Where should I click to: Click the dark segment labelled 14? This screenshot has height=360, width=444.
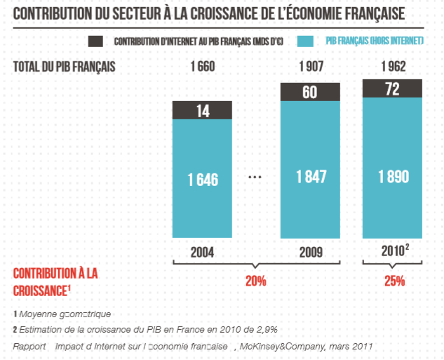click(203, 110)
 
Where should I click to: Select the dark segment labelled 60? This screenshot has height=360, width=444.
click(311, 92)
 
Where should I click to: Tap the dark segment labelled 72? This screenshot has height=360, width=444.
click(392, 88)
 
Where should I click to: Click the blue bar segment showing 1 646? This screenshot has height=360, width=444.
click(203, 180)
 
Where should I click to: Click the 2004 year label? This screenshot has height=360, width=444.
click(203, 252)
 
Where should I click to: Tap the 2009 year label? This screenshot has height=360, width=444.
click(311, 252)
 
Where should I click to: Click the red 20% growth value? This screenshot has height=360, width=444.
click(255, 281)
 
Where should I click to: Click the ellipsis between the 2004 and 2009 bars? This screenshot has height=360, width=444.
click(256, 178)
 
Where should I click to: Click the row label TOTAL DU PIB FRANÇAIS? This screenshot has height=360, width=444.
click(64, 67)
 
